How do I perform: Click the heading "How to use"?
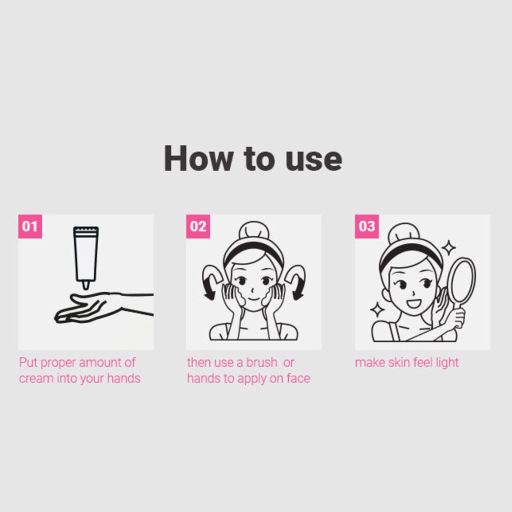pyautogui.click(x=253, y=158)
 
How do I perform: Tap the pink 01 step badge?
pyautogui.click(x=30, y=226)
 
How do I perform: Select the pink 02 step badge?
pyautogui.click(x=198, y=226)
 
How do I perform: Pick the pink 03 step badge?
pyautogui.click(x=366, y=226)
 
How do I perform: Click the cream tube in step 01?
pyautogui.click(x=86, y=255)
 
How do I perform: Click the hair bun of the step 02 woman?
pyautogui.click(x=254, y=230)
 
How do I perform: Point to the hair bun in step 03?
pyautogui.click(x=403, y=232)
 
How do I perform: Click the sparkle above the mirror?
pyautogui.click(x=448, y=247)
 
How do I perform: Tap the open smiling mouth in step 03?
pyautogui.click(x=413, y=303)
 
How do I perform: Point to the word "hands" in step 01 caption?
pyautogui.click(x=124, y=378)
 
